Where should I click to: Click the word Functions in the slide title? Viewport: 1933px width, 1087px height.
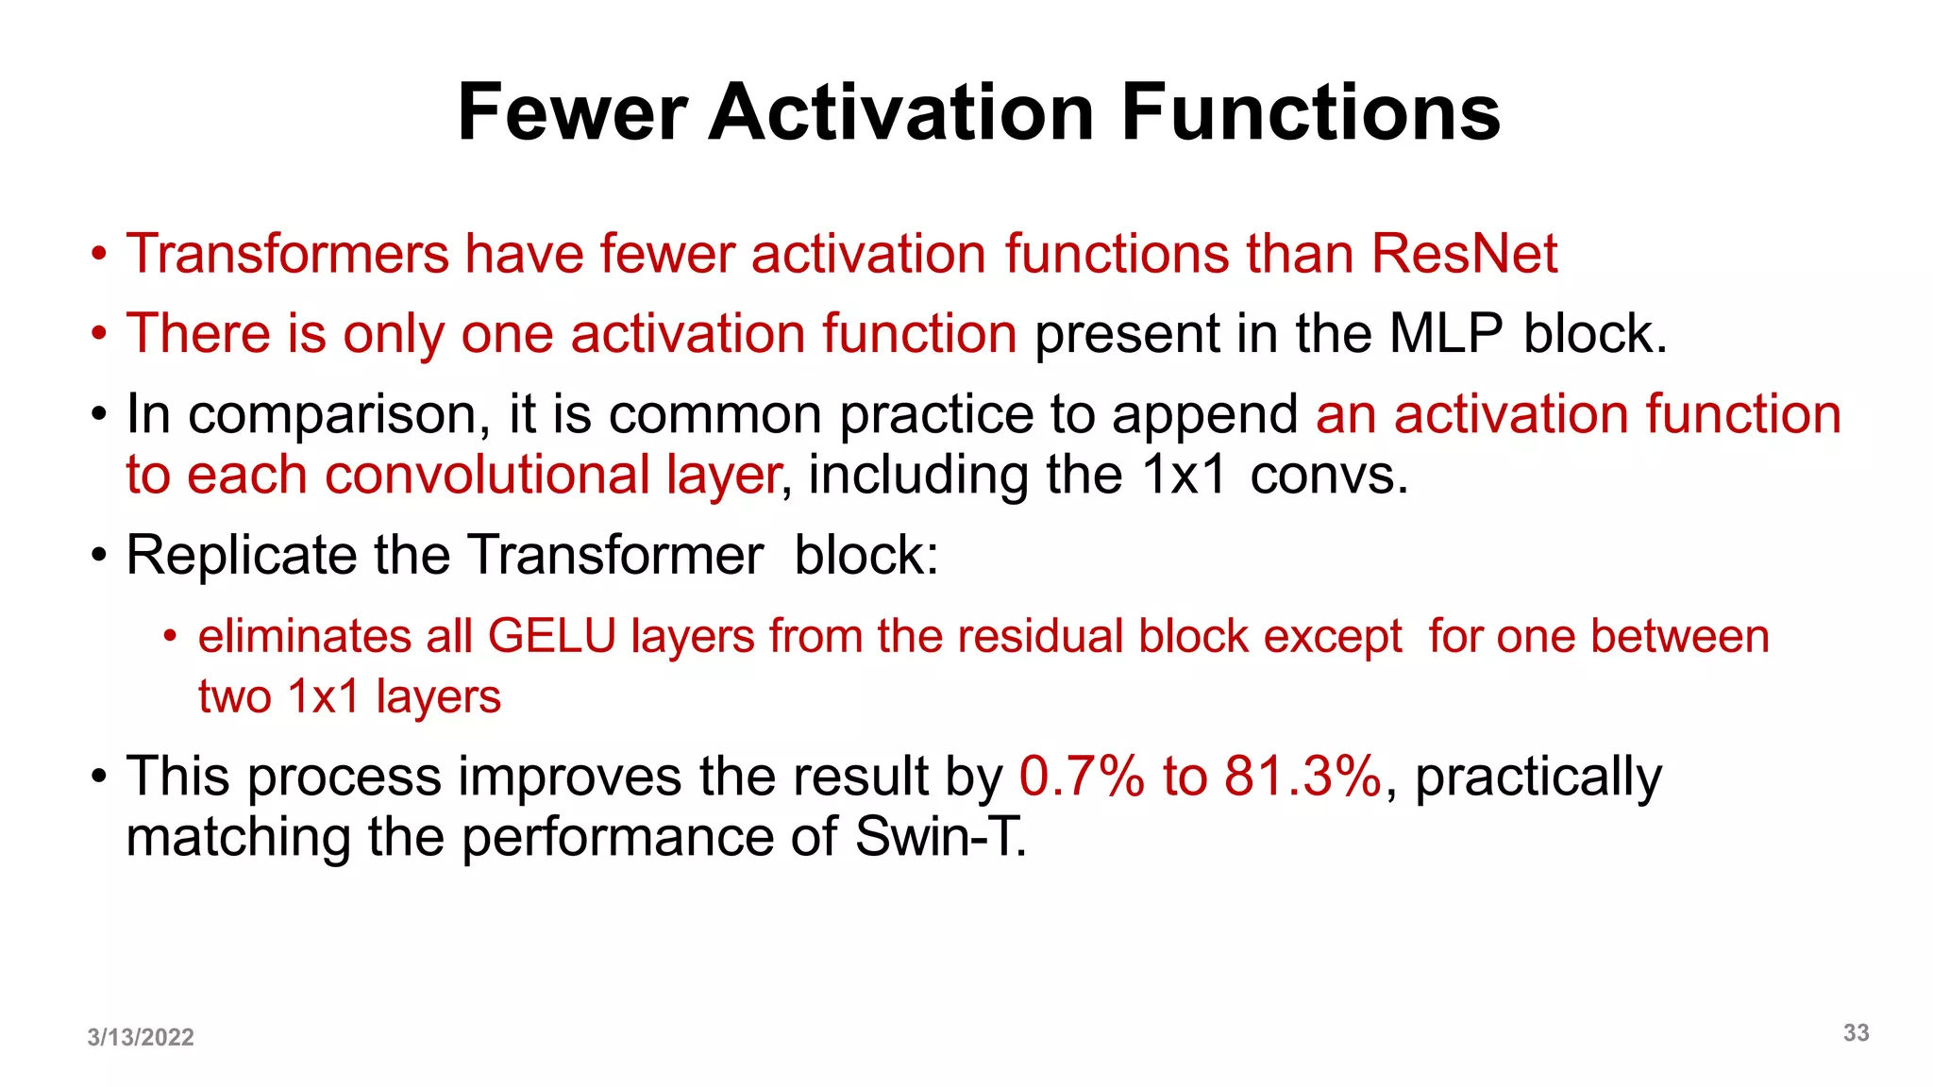[x=1310, y=112]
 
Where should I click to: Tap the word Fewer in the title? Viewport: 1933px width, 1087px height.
[x=572, y=112]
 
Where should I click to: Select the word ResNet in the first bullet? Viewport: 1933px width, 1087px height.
[x=1464, y=254]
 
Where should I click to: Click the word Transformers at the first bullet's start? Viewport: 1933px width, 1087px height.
[x=287, y=254]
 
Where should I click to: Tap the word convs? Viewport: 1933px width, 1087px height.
[x=1328, y=475]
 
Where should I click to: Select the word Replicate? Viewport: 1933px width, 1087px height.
[x=240, y=555]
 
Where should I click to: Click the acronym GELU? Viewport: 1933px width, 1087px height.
[x=552, y=636]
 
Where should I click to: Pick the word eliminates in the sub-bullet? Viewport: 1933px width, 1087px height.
[x=304, y=636]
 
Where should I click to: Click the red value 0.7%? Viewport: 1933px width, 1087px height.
[x=1082, y=777]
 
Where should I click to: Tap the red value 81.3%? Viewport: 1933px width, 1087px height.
[x=1303, y=777]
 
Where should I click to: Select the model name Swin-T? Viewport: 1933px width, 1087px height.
[x=939, y=837]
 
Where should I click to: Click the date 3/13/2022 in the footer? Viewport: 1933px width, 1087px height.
[x=141, y=1037]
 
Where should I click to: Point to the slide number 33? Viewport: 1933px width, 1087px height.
[x=1856, y=1033]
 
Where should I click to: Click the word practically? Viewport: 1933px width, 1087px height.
[x=1538, y=778]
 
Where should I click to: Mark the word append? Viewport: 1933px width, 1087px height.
[x=1204, y=415]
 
